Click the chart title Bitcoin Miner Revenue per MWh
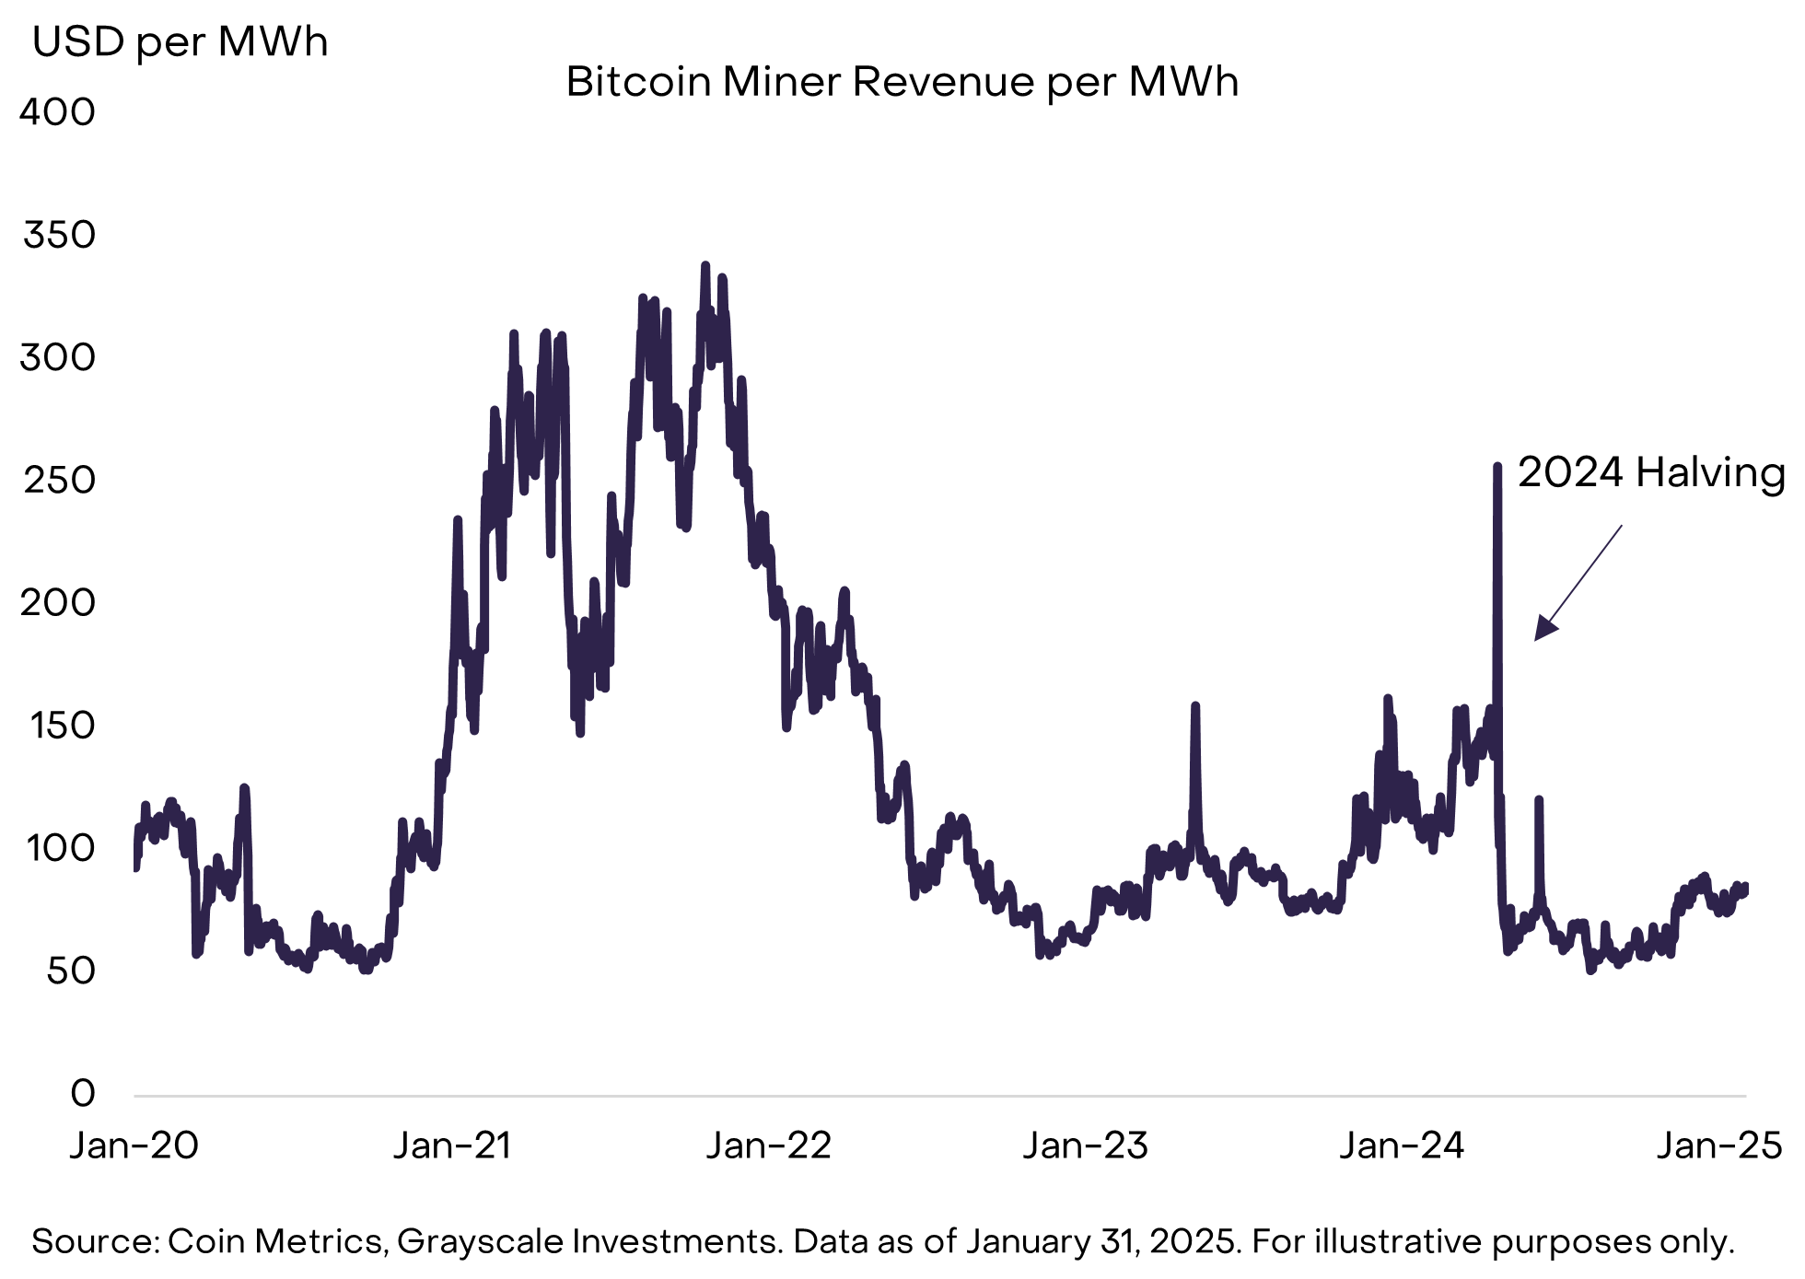point(902,82)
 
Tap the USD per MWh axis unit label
point(180,42)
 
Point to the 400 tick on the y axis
point(57,112)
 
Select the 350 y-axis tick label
point(59,235)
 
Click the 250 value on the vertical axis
point(59,480)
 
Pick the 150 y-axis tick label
point(62,726)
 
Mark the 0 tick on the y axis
point(83,1093)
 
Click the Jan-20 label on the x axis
point(134,1145)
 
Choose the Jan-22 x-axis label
point(768,1145)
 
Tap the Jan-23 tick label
point(1085,1145)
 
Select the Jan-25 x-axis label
point(1718,1145)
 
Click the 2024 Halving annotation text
point(1651,472)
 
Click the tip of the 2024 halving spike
point(1497,466)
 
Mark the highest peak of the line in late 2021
point(705,265)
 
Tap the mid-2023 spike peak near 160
point(1195,706)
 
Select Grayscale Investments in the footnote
point(589,1241)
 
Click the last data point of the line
point(1744,886)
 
